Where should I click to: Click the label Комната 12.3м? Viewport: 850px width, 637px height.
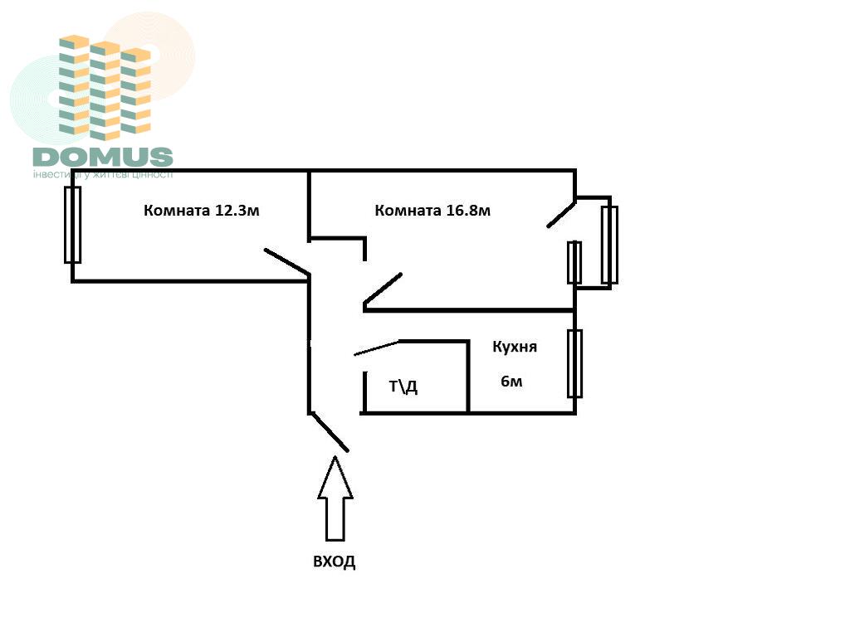[x=202, y=210]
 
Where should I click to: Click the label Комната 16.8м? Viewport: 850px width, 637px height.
[x=432, y=210]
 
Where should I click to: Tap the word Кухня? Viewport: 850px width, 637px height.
[x=515, y=347]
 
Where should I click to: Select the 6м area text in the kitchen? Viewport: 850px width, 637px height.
[x=511, y=382]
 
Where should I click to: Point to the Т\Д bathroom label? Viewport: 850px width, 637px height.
[x=403, y=386]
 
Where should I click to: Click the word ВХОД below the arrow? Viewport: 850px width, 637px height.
[x=335, y=562]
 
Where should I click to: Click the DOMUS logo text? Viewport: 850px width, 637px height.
[x=103, y=156]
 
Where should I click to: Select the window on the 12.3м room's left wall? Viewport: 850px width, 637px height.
[x=73, y=225]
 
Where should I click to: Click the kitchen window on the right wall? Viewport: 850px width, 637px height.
[x=574, y=363]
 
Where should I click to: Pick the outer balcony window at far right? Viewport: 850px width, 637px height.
[x=609, y=245]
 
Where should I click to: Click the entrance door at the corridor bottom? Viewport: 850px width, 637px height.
[x=329, y=432]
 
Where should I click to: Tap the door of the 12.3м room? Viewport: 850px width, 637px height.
[x=287, y=261]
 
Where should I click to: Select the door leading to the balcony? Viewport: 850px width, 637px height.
[x=561, y=212]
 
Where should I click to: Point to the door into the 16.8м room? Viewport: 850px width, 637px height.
[x=383, y=289]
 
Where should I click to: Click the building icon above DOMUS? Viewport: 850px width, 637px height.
[x=105, y=87]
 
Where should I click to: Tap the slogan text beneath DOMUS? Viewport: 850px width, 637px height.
[x=103, y=174]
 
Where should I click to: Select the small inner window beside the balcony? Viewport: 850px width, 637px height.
[x=574, y=262]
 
